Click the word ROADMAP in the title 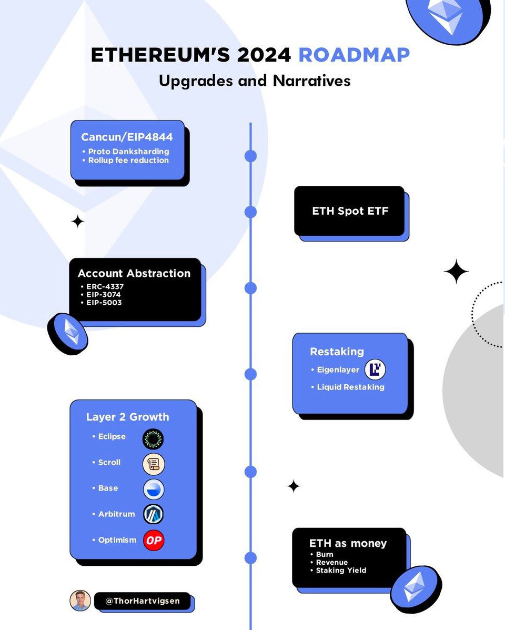[353, 55]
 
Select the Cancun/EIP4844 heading [127, 137]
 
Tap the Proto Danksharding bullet [128, 152]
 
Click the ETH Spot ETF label [350, 211]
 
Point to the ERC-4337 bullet [105, 287]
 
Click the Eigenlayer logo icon [375, 369]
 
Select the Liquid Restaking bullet [350, 387]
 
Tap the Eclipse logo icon [153, 438]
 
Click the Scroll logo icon [154, 464]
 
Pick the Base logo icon [154, 489]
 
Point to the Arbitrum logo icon [154, 514]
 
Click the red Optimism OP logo [154, 540]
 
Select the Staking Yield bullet [341, 570]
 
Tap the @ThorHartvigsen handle [142, 601]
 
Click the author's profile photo [80, 601]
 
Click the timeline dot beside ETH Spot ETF [251, 212]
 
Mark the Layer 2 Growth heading [128, 417]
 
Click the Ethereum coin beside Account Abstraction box [67, 333]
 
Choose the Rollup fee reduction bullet [128, 160]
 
